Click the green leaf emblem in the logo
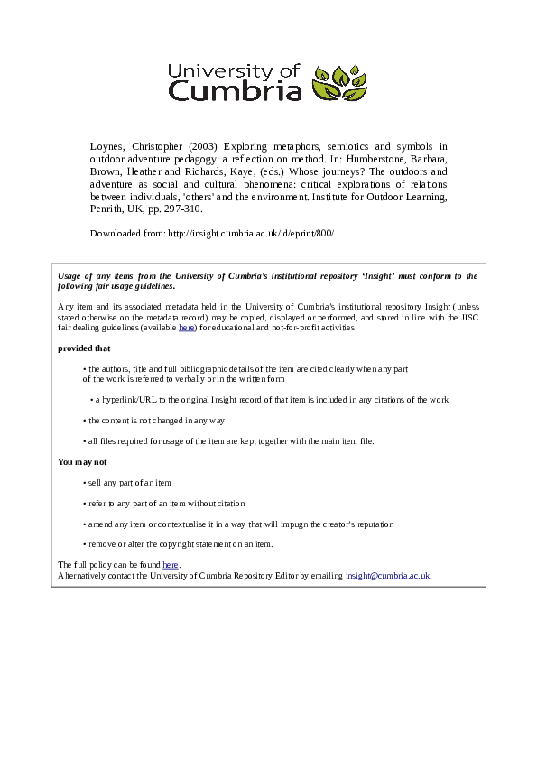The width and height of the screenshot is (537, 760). click(340, 83)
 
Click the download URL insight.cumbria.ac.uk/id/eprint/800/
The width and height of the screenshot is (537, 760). click(251, 233)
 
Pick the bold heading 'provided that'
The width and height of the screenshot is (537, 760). click(84, 348)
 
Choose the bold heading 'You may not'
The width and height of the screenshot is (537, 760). click(82, 461)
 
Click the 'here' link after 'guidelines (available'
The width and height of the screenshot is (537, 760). click(187, 328)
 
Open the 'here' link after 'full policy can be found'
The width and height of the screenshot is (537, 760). click(171, 565)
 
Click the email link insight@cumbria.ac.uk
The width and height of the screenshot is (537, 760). click(387, 575)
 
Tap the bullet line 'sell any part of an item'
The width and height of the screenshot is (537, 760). click(128, 483)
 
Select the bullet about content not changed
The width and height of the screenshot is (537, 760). click(154, 421)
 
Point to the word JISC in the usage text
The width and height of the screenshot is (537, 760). click(468, 318)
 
